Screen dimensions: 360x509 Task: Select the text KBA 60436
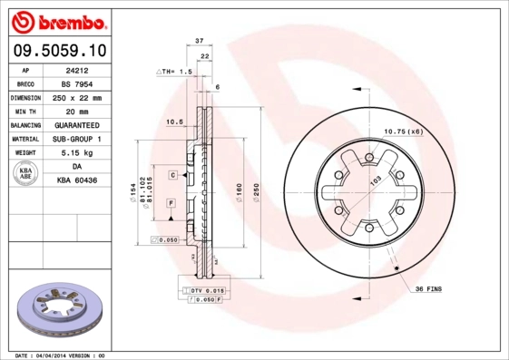[77, 181]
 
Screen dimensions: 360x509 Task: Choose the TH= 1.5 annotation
[179, 71]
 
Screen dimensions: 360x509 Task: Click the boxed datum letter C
[172, 173]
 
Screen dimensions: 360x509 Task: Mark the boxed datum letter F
[170, 204]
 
